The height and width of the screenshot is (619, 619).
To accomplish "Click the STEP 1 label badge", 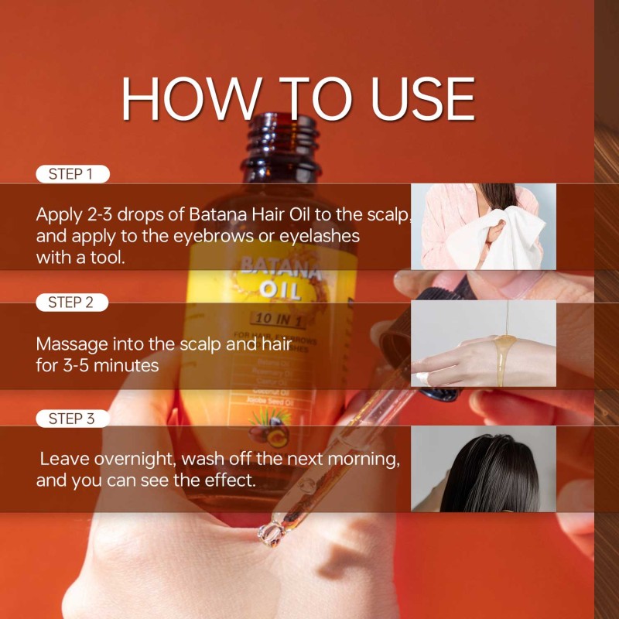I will (72, 174).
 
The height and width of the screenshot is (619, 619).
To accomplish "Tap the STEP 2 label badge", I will (72, 303).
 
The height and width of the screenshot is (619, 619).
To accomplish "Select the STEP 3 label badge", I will (72, 419).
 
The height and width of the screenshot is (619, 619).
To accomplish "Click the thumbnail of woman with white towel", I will (483, 226).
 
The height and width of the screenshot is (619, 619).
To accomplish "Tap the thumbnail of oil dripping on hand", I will (483, 343).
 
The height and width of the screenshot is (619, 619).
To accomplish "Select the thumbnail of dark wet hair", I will (483, 468).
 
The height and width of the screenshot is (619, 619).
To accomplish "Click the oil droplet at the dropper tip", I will (270, 532).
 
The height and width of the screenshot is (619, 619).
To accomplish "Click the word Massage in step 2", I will (70, 343).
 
